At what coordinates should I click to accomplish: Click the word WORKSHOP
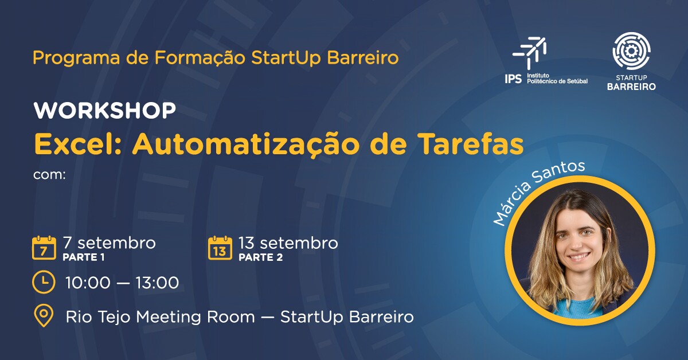[104, 111]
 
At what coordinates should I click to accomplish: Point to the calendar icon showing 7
[44, 248]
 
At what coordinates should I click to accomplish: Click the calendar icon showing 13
[220, 248]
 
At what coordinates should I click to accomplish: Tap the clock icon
[44, 282]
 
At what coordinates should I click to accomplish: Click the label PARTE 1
[84, 257]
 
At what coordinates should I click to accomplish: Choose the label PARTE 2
[260, 257]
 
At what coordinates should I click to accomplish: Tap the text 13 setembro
[288, 243]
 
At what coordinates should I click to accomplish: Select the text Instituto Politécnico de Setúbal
[556, 78]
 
